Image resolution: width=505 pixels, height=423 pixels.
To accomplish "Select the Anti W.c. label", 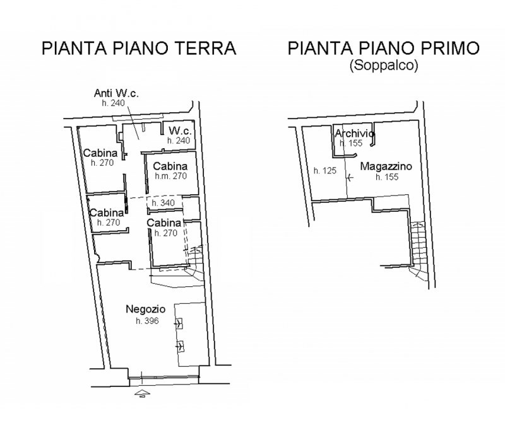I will click(116, 94).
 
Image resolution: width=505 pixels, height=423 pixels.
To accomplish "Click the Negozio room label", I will click(145, 310).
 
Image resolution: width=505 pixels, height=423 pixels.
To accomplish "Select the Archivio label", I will click(355, 133).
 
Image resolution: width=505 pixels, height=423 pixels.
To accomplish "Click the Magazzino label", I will click(386, 166).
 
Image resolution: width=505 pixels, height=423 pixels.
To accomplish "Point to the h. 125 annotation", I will click(324, 170).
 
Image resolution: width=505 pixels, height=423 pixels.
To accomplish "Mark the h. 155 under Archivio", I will click(350, 143).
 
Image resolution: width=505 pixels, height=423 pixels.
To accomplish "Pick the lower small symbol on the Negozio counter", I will click(180, 346).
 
